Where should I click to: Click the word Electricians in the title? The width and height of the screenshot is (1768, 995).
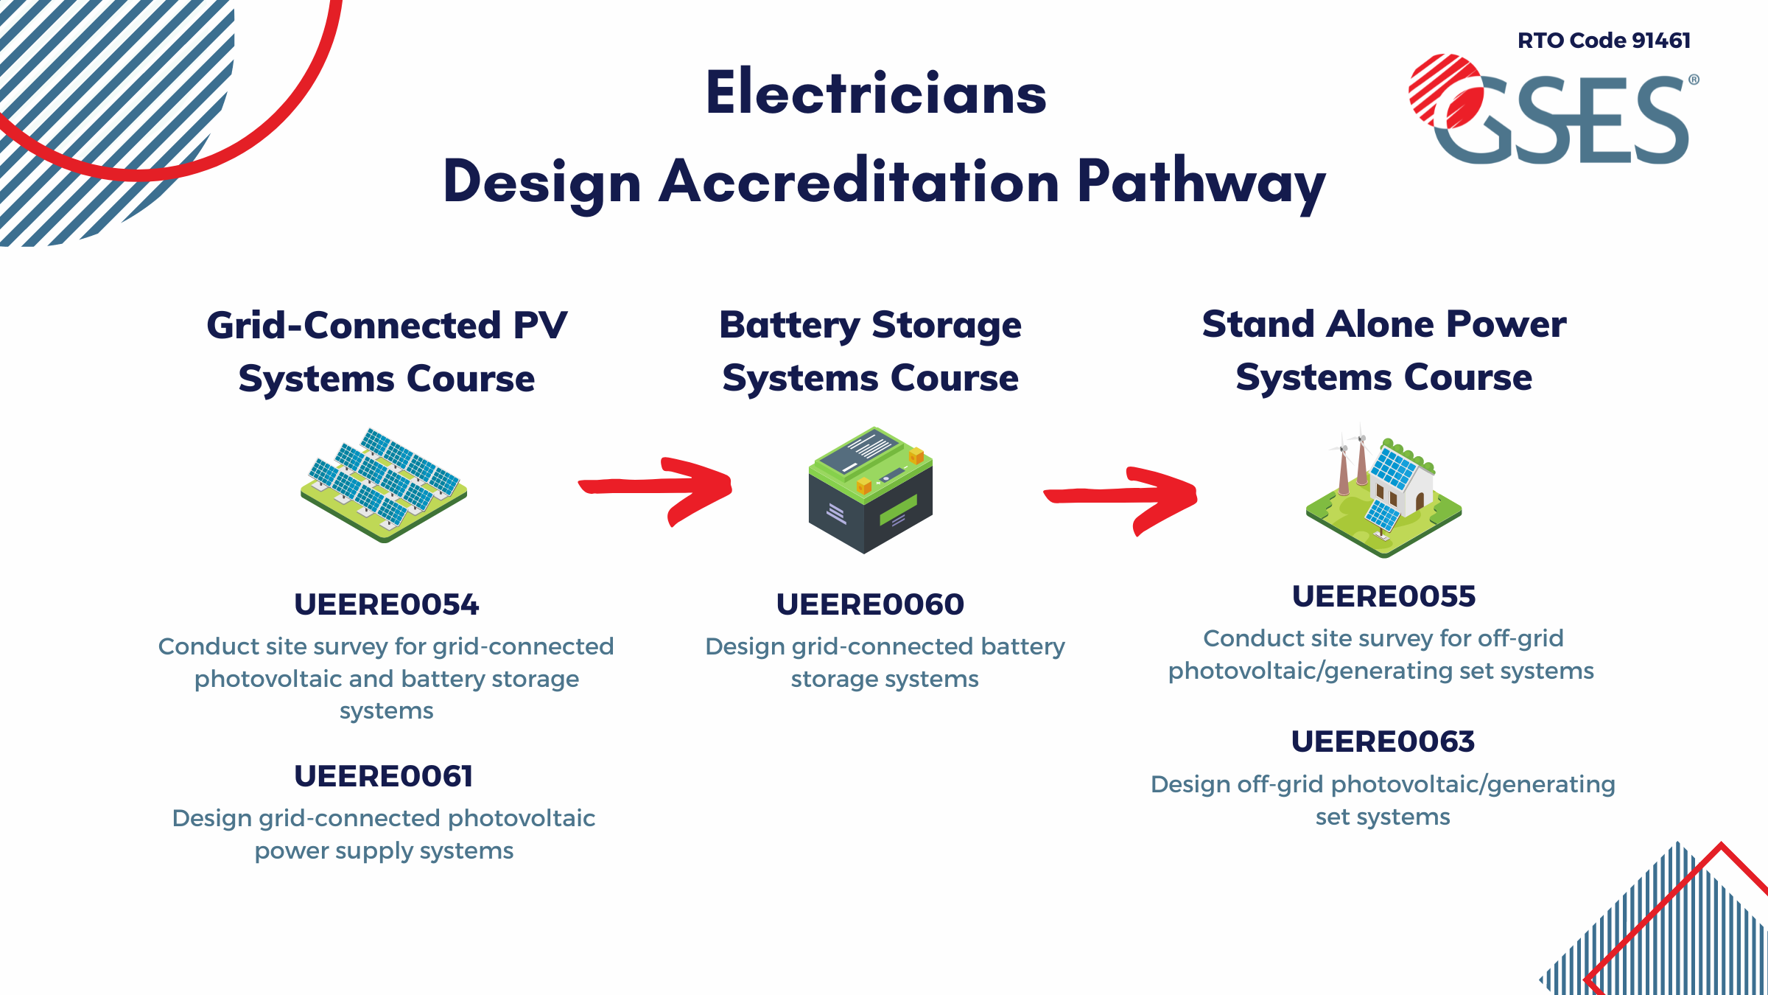pos(876,94)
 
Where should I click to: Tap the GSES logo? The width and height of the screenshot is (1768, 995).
pos(1551,111)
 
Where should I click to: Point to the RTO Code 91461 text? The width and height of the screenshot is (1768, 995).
pos(1604,41)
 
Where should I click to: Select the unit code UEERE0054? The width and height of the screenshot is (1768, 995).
pos(386,604)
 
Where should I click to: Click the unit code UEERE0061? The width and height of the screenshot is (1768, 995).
pos(383,776)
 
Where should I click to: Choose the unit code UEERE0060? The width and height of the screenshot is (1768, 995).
pos(870,604)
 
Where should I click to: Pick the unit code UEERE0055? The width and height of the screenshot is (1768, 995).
pos(1383,596)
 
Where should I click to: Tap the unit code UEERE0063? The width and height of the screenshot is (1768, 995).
pos(1383,741)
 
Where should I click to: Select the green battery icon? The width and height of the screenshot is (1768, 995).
pos(870,490)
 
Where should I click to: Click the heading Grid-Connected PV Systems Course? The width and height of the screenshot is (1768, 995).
pos(387,352)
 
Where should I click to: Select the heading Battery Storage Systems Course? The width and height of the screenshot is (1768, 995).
pos(870,352)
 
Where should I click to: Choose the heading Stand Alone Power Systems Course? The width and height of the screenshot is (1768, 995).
pos(1383,350)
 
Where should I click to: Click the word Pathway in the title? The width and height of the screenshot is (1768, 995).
pos(1201,182)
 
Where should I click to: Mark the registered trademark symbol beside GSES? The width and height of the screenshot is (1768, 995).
pos(1694,80)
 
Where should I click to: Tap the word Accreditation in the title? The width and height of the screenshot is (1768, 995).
pos(859,182)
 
